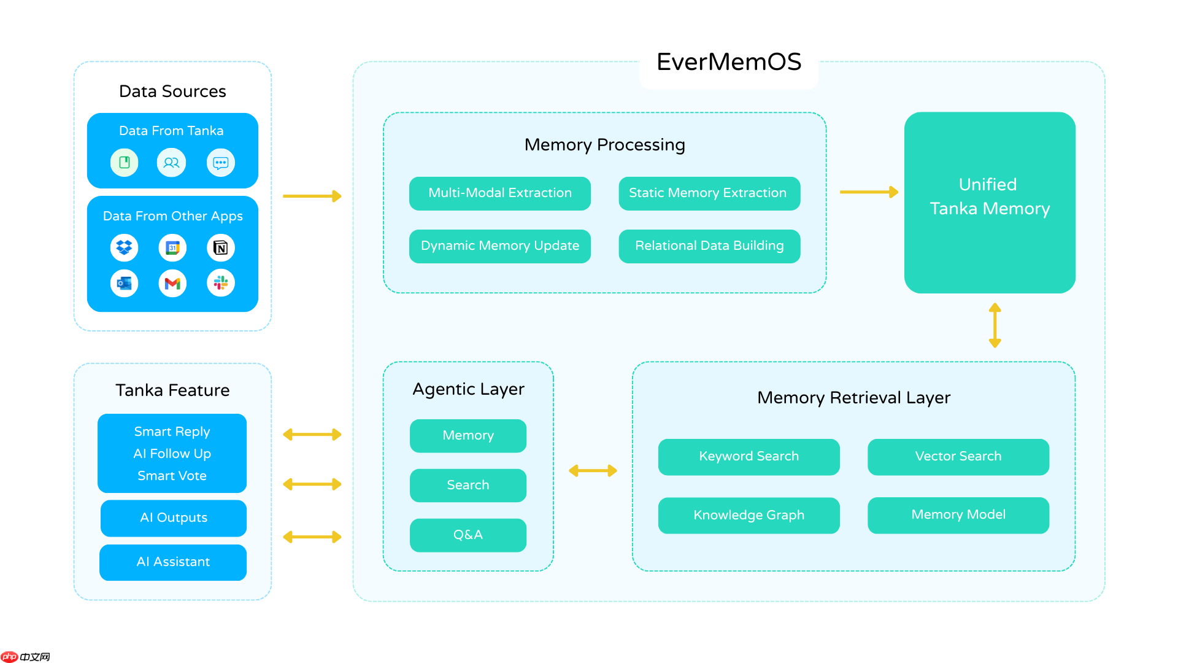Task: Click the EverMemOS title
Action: click(x=728, y=62)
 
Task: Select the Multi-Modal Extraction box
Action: click(x=499, y=193)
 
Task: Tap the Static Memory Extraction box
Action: click(x=709, y=193)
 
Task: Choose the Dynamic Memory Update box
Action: click(x=499, y=246)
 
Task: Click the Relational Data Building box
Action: click(x=709, y=246)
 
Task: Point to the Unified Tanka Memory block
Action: click(x=989, y=202)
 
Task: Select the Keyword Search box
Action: click(x=749, y=457)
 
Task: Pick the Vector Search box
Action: click(x=958, y=457)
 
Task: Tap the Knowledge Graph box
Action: click(x=749, y=515)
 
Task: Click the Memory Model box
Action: click(x=958, y=515)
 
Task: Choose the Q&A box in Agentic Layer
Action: click(x=468, y=535)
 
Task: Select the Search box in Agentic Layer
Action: click(x=468, y=485)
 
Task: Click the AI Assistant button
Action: click(x=173, y=562)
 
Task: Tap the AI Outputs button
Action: click(x=173, y=518)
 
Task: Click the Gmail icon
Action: click(x=172, y=283)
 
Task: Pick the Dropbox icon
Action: click(x=125, y=247)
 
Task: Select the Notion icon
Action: click(x=220, y=247)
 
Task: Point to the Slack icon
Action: click(x=220, y=283)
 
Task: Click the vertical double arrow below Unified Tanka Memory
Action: click(x=995, y=325)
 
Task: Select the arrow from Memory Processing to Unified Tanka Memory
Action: click(x=868, y=192)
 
